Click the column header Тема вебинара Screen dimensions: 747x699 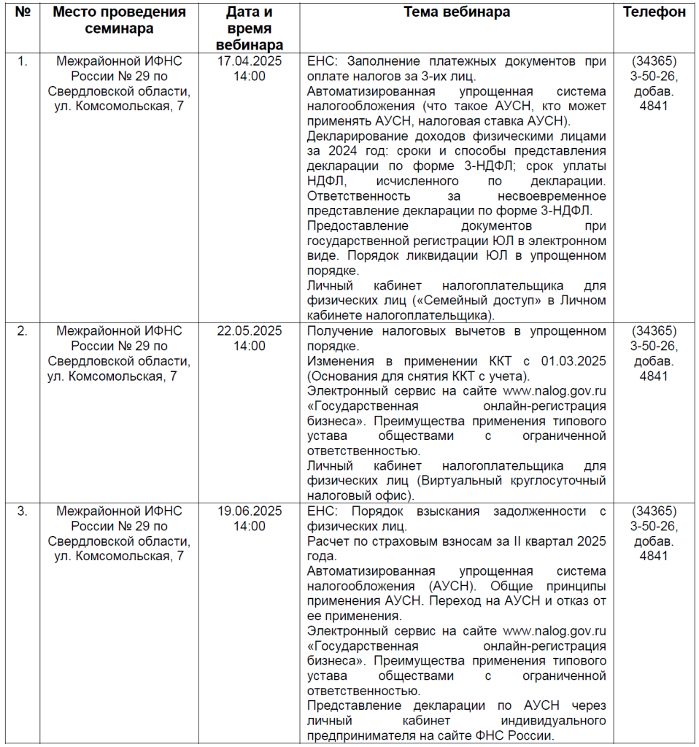click(457, 12)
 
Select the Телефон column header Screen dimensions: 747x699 click(654, 12)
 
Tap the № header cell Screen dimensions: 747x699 click(23, 12)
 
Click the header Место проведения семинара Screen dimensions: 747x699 click(120, 20)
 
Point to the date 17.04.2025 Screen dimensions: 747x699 click(250, 61)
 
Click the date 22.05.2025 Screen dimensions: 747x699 click(250, 330)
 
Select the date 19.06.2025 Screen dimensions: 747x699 click(250, 511)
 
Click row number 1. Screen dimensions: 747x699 click(23, 61)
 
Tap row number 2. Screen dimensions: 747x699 click(23, 330)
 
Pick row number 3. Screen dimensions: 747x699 click(23, 511)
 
